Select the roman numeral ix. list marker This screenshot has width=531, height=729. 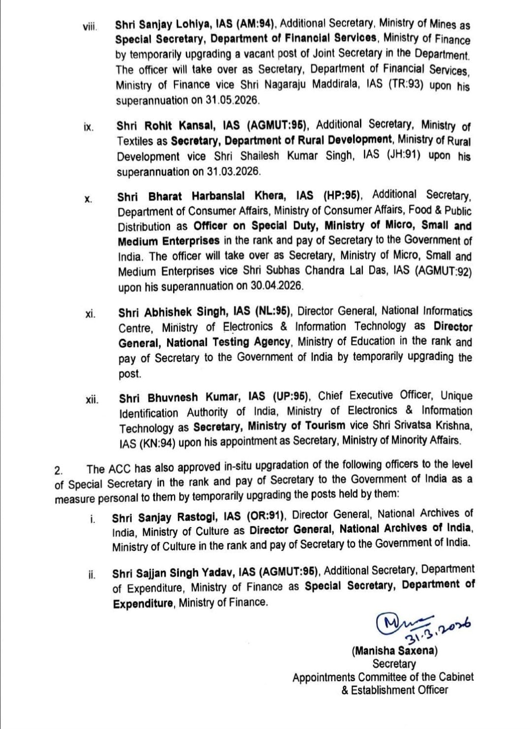click(x=89, y=127)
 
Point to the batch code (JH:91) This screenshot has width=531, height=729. click(x=402, y=156)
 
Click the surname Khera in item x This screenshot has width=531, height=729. click(x=278, y=196)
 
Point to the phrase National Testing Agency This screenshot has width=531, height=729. click(x=228, y=342)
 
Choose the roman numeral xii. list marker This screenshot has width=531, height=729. click(x=91, y=399)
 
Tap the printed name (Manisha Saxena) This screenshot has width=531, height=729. click(x=394, y=651)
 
